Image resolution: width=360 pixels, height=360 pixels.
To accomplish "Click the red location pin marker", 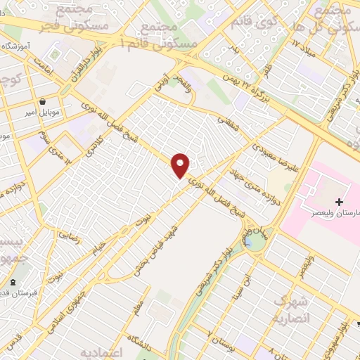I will coord(181,165).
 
